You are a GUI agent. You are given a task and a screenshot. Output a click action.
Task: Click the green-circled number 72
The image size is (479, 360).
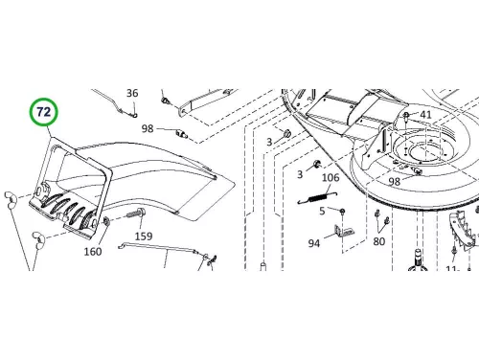click(44, 112)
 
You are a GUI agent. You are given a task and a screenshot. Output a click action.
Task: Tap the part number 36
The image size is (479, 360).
click(132, 93)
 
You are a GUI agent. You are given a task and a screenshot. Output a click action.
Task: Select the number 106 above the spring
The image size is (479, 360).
click(331, 177)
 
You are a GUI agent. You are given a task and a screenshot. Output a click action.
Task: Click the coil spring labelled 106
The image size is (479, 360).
click(317, 197)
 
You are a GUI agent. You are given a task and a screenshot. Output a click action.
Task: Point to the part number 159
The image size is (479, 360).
click(144, 236)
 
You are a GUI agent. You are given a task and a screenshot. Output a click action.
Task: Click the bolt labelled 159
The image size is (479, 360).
click(137, 213)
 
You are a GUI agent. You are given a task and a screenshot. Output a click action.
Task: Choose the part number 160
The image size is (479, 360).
click(93, 252)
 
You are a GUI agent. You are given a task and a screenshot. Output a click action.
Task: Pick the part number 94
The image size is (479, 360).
click(313, 243)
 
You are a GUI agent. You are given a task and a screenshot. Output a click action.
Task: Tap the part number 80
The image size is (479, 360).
click(378, 241)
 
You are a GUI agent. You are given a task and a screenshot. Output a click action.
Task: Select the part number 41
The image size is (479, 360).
click(425, 115)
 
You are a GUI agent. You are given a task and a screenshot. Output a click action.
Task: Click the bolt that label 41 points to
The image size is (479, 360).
click(406, 117)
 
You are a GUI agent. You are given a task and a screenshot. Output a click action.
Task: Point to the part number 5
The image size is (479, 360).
click(322, 211)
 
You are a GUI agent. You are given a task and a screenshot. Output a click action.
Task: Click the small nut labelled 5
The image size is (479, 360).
click(342, 212)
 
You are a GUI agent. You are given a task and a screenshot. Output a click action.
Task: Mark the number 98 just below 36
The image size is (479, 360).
click(148, 128)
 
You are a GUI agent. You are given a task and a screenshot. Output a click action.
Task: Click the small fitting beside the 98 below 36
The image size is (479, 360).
click(182, 133)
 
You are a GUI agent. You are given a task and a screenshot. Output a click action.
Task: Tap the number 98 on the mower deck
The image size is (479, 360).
click(395, 182)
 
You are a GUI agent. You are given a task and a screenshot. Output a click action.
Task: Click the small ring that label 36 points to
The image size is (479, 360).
click(135, 114)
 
